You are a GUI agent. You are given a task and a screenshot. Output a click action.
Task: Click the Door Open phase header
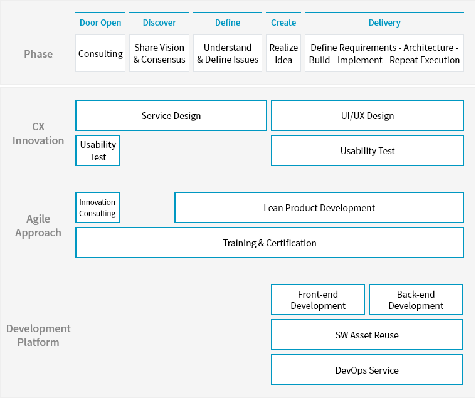[100, 23]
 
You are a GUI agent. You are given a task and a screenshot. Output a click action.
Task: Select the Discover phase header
[159, 23]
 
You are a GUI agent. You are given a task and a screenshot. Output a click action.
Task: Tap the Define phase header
[228, 23]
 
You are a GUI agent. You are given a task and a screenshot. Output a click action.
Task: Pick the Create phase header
[283, 23]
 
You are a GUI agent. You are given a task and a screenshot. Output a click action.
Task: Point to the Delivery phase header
[384, 23]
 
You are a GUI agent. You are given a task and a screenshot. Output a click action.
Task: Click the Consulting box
[100, 54]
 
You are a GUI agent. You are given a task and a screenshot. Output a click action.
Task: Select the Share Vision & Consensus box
[159, 54]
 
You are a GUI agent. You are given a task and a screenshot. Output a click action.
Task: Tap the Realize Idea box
[283, 54]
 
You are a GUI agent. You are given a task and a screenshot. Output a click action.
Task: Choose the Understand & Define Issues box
[228, 54]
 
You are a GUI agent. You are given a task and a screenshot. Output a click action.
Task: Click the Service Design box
[171, 116]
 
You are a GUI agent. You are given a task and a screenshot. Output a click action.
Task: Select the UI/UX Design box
[368, 116]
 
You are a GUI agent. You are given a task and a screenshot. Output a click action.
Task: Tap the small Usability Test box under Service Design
[98, 151]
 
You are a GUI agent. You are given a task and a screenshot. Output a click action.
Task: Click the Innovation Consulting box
[98, 208]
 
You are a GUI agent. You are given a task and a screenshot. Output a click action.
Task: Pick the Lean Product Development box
[319, 208]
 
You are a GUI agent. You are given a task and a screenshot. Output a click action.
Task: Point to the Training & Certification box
[270, 243]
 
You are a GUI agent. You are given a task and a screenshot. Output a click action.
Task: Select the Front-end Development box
[318, 300]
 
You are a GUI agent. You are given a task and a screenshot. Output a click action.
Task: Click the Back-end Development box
[416, 300]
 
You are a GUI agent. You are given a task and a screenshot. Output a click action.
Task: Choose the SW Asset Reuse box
[367, 335]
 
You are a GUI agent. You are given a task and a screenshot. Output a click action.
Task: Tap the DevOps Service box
[367, 370]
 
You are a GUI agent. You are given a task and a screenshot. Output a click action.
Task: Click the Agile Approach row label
[38, 226]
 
